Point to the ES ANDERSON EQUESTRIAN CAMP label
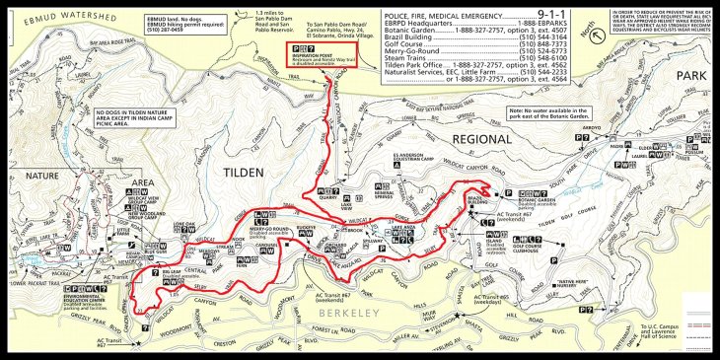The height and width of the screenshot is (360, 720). point(408,157)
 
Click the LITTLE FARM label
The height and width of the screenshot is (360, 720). point(124,234)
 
